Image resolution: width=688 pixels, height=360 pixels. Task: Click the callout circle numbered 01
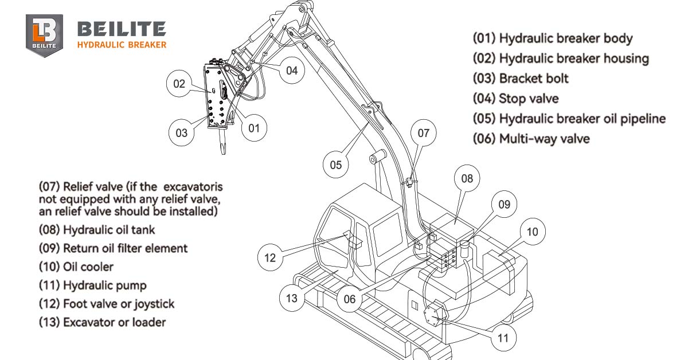click(x=254, y=128)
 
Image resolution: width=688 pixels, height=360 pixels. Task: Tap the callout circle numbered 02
click(x=179, y=84)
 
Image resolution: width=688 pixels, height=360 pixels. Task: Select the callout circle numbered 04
click(x=292, y=71)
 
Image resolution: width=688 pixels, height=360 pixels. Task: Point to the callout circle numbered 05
click(x=335, y=165)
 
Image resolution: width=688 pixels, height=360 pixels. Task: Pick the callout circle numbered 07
click(x=423, y=134)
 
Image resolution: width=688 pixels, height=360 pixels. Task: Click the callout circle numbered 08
click(x=467, y=178)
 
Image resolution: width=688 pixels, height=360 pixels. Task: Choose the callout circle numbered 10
click(x=532, y=232)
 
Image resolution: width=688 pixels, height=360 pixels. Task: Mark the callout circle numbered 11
click(x=503, y=338)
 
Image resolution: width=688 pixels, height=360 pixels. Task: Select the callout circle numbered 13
click(x=292, y=298)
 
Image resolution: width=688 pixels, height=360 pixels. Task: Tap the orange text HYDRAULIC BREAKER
click(x=122, y=45)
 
